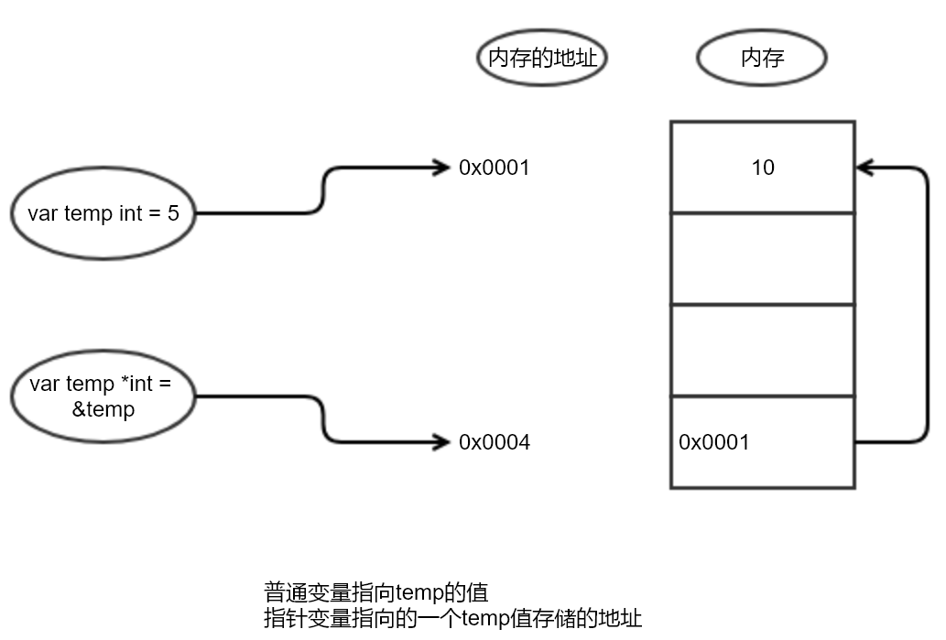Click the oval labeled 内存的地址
click(x=542, y=59)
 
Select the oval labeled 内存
click(x=762, y=59)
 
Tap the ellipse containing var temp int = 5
click(x=103, y=214)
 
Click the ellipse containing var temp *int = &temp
click(x=103, y=397)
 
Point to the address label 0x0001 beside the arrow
click(x=495, y=168)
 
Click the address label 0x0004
click(x=495, y=442)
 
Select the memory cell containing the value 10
click(x=762, y=167)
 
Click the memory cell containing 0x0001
click(x=762, y=442)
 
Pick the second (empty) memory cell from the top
click(x=762, y=258)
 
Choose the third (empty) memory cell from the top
click(x=762, y=350)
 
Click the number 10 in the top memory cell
click(x=762, y=168)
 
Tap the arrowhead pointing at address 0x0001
click(x=444, y=168)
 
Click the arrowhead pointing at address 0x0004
click(x=444, y=442)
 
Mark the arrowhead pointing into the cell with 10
click(x=865, y=168)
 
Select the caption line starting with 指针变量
click(x=452, y=618)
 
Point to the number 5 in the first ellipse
click(x=173, y=214)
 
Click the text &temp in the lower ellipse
click(x=103, y=409)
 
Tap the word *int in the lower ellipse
click(x=136, y=385)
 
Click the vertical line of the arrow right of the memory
click(x=928, y=305)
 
